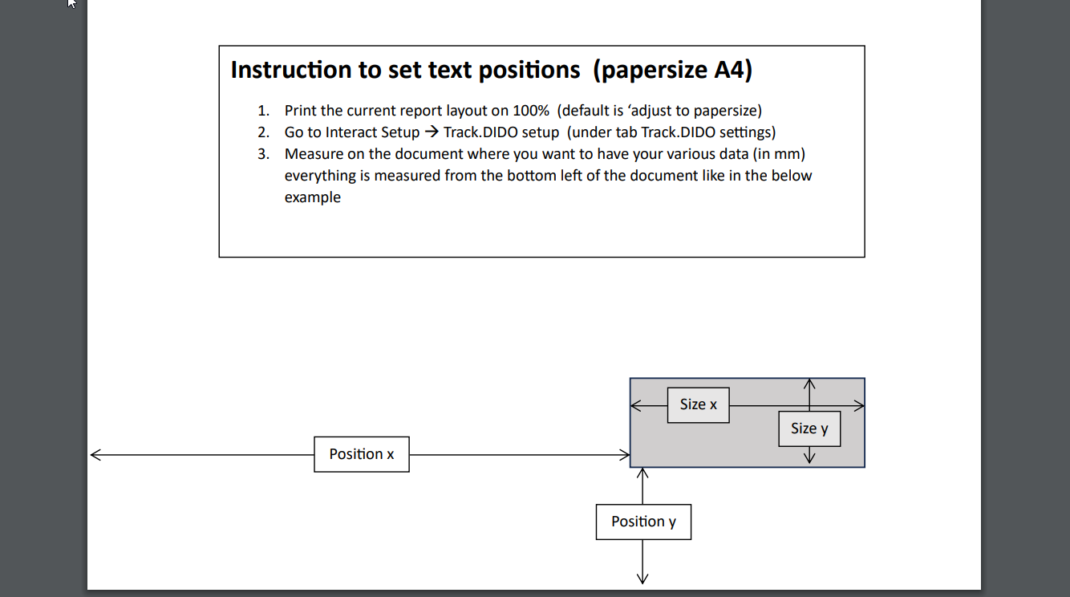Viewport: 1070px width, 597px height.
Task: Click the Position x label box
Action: [x=362, y=454]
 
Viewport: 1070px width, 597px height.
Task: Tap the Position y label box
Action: [x=643, y=522]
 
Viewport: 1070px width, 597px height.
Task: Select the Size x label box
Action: [x=699, y=405]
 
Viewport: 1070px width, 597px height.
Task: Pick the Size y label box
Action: [x=809, y=428]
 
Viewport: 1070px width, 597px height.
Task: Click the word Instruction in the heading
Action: [x=291, y=70]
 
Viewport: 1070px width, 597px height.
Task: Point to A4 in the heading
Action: [x=728, y=70]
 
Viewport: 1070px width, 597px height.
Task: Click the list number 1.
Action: [x=263, y=111]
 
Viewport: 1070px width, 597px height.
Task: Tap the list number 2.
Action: [x=263, y=132]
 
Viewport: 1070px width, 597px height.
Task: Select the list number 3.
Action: [x=263, y=154]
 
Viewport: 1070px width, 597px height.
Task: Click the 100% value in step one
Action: [x=531, y=111]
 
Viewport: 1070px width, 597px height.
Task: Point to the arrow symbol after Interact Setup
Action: [x=432, y=132]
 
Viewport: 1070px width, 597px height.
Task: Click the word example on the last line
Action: [x=312, y=197]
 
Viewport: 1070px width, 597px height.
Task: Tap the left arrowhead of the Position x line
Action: [x=95, y=454]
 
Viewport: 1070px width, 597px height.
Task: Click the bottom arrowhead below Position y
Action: [x=642, y=579]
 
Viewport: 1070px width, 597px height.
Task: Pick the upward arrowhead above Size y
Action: [x=809, y=384]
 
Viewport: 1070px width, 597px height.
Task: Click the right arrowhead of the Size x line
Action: [x=859, y=406]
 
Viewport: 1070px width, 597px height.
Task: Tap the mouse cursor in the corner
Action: [x=71, y=3]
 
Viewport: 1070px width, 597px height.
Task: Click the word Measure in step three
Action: [x=314, y=154]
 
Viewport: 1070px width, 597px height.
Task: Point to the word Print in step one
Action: [x=301, y=111]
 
